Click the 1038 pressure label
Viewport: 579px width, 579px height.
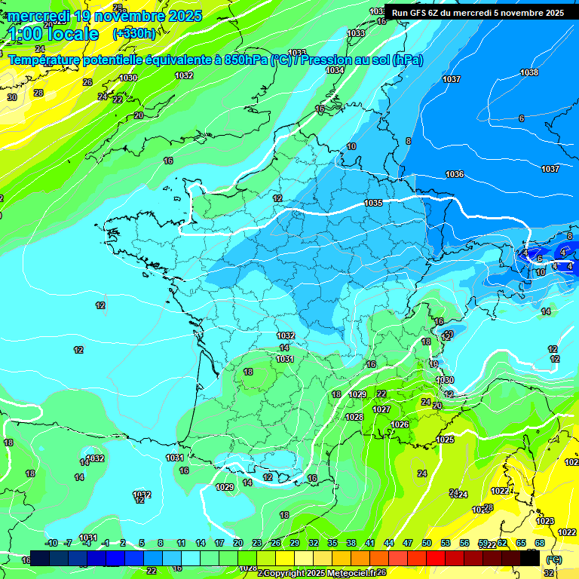529,72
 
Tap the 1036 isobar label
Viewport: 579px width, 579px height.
455,174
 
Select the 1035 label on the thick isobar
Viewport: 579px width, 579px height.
372,203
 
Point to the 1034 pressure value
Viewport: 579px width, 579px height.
335,70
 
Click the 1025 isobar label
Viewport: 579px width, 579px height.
445,440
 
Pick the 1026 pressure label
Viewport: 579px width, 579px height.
400,424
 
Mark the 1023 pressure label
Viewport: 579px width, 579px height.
545,521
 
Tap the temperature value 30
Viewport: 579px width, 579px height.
12,97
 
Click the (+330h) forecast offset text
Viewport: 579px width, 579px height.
134,33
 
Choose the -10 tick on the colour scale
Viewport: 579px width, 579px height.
51,543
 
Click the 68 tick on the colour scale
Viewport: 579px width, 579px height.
540,543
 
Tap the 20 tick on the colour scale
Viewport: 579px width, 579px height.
238,543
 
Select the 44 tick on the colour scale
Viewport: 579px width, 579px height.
389,543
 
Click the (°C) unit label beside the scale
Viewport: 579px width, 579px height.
554,559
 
